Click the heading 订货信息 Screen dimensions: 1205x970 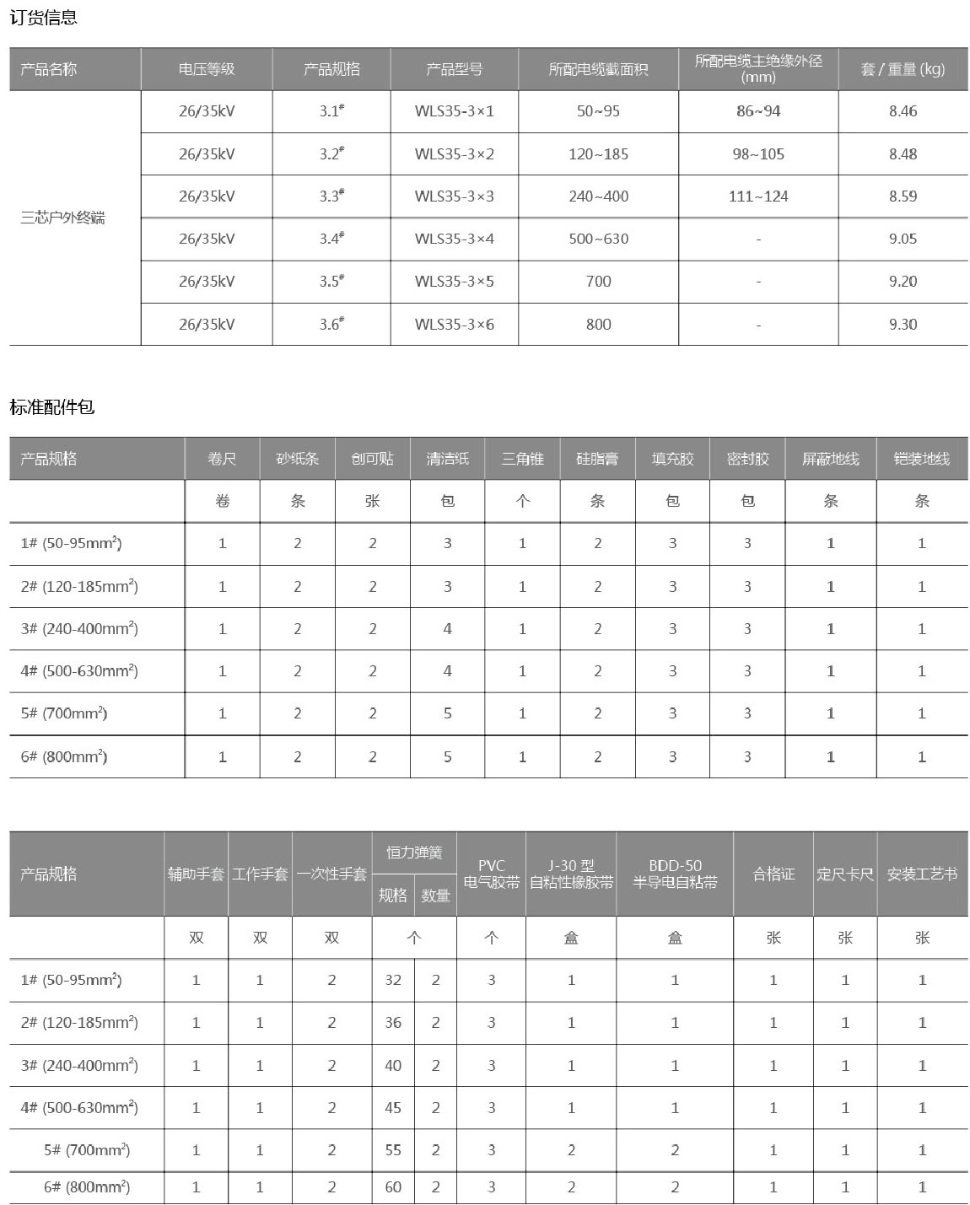coord(44,17)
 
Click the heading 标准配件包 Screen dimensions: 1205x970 coord(52,407)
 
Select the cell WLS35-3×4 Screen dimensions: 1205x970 coord(454,239)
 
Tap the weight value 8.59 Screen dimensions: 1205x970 coord(903,196)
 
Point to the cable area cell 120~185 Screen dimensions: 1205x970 coord(598,154)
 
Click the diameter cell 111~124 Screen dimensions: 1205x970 coord(758,196)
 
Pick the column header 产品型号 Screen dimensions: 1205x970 coord(454,69)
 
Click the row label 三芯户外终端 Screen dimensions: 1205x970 coord(63,218)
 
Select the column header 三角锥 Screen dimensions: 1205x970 coord(522,459)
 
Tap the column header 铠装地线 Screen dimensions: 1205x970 coord(921,459)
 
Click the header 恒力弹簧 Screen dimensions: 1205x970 coord(414,853)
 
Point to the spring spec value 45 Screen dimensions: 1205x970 coord(393,1107)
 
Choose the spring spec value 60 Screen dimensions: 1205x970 coord(393,1186)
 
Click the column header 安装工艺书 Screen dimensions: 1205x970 coord(922,874)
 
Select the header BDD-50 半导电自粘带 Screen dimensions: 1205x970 coord(675,874)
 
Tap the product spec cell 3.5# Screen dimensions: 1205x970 coord(331,282)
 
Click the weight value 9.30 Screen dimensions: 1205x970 coord(903,324)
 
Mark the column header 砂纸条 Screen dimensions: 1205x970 coord(297,459)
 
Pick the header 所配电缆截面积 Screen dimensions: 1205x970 coord(598,69)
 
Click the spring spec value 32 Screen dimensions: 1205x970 coord(393,980)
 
